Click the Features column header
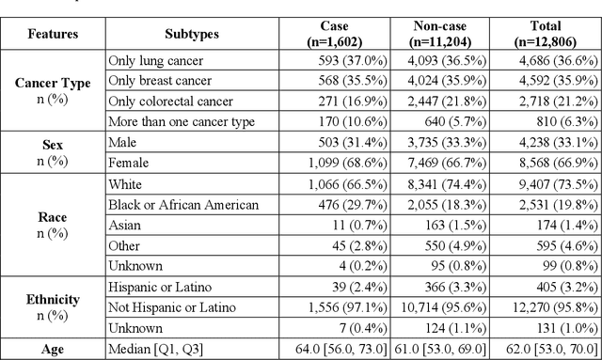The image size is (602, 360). coord(53,35)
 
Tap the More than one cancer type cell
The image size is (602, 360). coord(181,120)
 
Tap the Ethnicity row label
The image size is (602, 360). coord(53,300)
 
